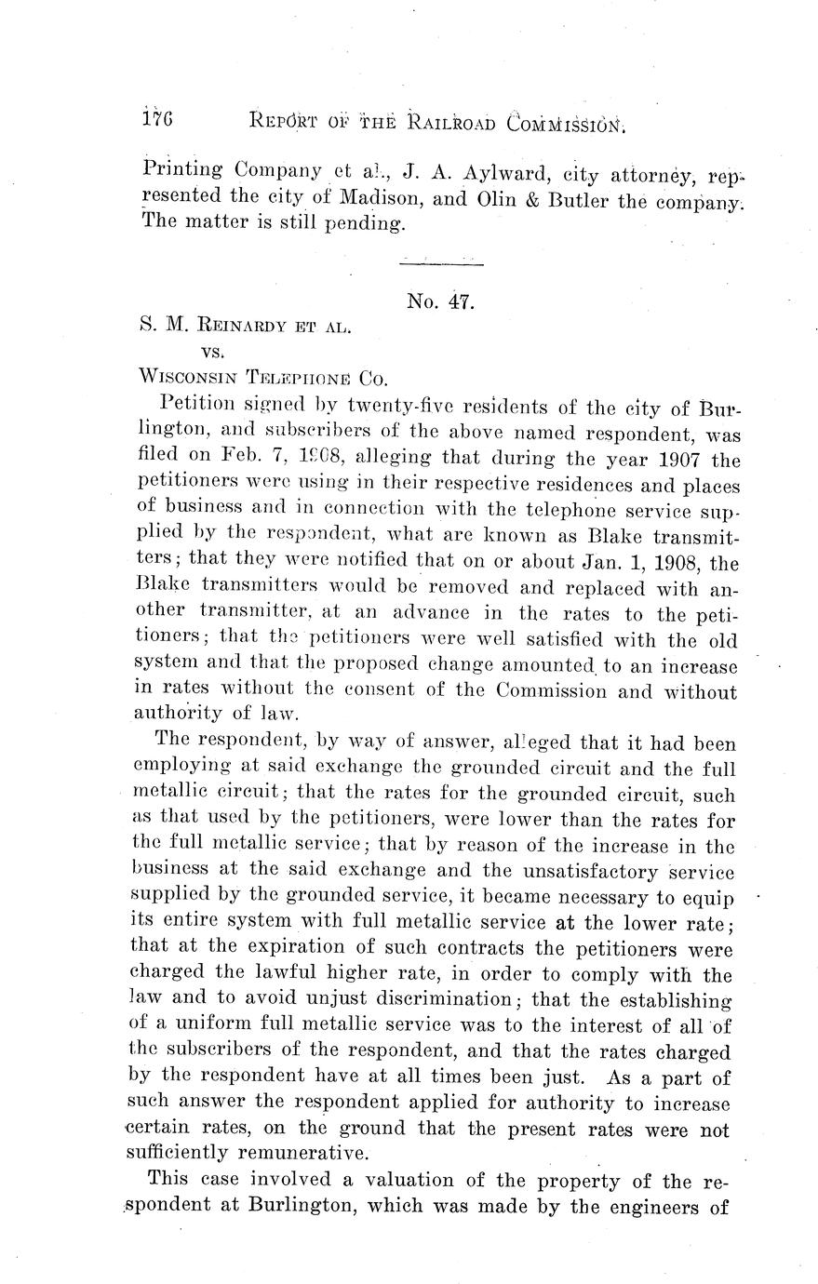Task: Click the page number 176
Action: pyautogui.click(x=159, y=120)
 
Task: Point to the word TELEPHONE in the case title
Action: pyautogui.click(x=296, y=378)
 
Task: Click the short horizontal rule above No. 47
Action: pyautogui.click(x=441, y=267)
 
